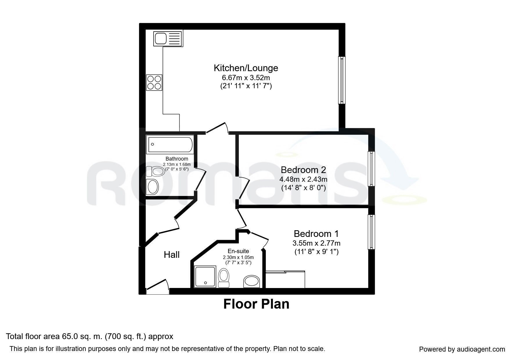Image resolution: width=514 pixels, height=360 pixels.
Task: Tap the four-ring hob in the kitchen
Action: [x=154, y=82]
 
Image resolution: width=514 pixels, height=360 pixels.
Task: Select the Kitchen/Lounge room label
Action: [x=246, y=68]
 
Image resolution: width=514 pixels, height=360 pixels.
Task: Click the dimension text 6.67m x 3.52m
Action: [x=246, y=78]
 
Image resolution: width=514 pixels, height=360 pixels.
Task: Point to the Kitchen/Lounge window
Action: [x=342, y=80]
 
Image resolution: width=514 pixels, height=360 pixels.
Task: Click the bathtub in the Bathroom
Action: [x=170, y=144]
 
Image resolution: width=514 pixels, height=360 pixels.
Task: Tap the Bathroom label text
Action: [x=177, y=159]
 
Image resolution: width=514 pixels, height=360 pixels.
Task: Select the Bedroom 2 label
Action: [x=303, y=170]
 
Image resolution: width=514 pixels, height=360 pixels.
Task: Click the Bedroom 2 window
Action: [x=371, y=169]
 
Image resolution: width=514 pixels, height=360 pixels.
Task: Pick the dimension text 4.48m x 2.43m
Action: [x=303, y=179]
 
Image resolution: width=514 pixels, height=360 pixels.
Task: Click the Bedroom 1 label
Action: [x=316, y=234]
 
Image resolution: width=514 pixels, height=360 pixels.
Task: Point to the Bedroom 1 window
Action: [x=371, y=232]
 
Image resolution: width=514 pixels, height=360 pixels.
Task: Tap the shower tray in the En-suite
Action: [x=205, y=276]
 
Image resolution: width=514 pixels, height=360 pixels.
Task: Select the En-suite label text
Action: [x=238, y=251]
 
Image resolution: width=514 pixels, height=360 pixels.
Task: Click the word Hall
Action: [x=172, y=255]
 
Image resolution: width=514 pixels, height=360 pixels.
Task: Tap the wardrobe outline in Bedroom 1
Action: [x=285, y=279]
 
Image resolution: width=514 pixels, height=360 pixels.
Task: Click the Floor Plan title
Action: [x=256, y=304]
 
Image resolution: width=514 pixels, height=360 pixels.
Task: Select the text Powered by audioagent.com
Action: [x=462, y=349]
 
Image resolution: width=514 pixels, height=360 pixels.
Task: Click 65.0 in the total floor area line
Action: [x=68, y=336]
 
